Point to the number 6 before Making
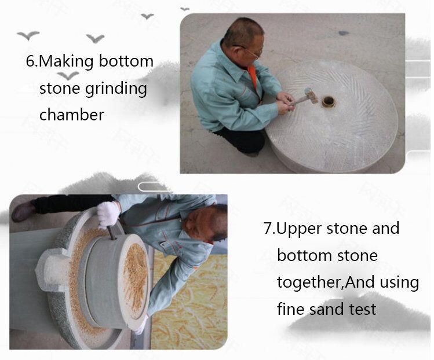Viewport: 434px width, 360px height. [30, 61]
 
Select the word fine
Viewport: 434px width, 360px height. [291, 309]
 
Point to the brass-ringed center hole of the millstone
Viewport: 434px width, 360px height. [329, 102]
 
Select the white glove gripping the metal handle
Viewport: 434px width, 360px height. [108, 214]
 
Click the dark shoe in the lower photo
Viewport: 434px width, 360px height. [23, 211]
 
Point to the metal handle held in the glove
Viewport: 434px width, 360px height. [111, 232]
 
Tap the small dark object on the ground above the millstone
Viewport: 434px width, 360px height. [343, 34]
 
